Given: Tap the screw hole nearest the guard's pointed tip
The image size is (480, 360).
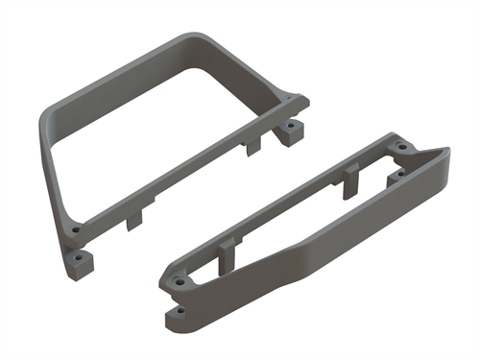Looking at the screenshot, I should click(403, 151).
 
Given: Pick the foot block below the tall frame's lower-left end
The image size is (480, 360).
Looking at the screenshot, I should click(88, 258).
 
